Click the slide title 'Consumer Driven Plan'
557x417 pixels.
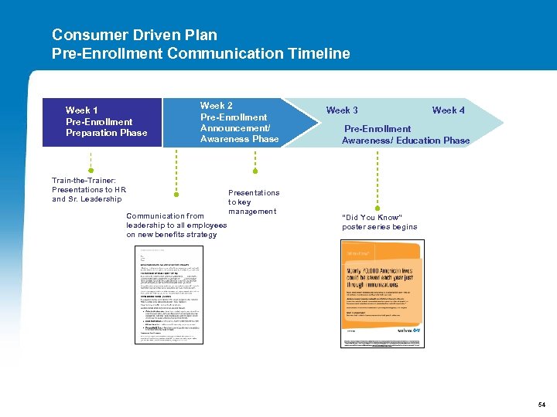click(x=135, y=35)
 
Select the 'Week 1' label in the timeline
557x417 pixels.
click(x=82, y=110)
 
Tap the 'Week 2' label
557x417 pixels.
click(x=217, y=106)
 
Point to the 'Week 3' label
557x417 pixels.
click(x=342, y=110)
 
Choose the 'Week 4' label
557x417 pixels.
click(x=449, y=110)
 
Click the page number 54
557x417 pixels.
click(x=542, y=405)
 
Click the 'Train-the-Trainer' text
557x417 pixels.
click(x=84, y=180)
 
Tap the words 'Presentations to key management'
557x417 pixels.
click(x=253, y=202)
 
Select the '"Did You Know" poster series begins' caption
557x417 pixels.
click(x=379, y=222)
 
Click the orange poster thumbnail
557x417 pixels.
click(x=382, y=293)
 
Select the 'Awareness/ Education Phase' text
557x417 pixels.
click(x=405, y=140)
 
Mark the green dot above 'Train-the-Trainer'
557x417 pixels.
click(x=91, y=170)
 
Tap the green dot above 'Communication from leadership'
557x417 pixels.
click(x=176, y=195)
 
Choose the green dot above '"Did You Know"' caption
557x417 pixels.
click(x=378, y=206)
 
